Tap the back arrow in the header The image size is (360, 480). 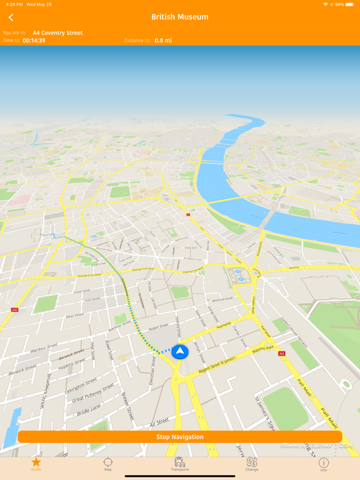[x=11, y=17]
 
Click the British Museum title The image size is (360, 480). [x=180, y=17]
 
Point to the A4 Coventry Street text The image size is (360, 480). [x=57, y=32]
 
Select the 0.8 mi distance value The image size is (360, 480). [x=163, y=41]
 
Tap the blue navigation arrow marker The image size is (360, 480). [x=180, y=352]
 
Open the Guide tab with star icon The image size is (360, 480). [x=36, y=463]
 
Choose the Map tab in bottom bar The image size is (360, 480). [x=108, y=463]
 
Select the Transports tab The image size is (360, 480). [x=180, y=463]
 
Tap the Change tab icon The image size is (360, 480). [x=252, y=463]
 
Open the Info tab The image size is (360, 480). [x=324, y=463]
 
